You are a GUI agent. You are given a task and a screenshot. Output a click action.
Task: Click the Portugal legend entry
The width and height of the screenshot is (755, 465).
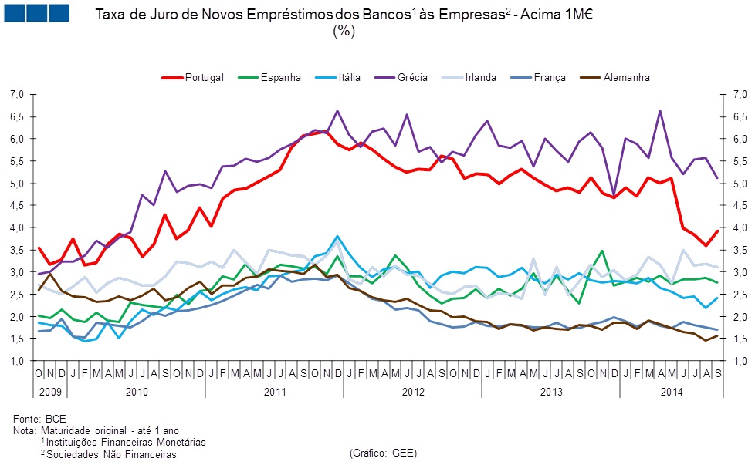coord(205,77)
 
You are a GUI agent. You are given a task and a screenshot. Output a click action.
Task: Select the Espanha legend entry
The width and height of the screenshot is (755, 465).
coord(280,77)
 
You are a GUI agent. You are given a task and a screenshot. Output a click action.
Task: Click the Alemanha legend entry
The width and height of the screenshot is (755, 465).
coord(625,77)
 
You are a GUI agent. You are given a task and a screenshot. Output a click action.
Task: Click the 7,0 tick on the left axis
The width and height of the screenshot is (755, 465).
coord(16,94)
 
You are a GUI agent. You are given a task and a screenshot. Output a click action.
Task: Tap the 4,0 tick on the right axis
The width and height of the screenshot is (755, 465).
coord(738,227)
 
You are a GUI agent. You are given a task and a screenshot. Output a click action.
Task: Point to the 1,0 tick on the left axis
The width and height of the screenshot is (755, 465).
coord(16,361)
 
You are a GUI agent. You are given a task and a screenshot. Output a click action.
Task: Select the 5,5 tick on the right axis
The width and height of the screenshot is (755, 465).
coord(738,160)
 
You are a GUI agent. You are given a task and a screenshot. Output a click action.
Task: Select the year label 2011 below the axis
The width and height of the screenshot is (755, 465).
coord(276,391)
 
